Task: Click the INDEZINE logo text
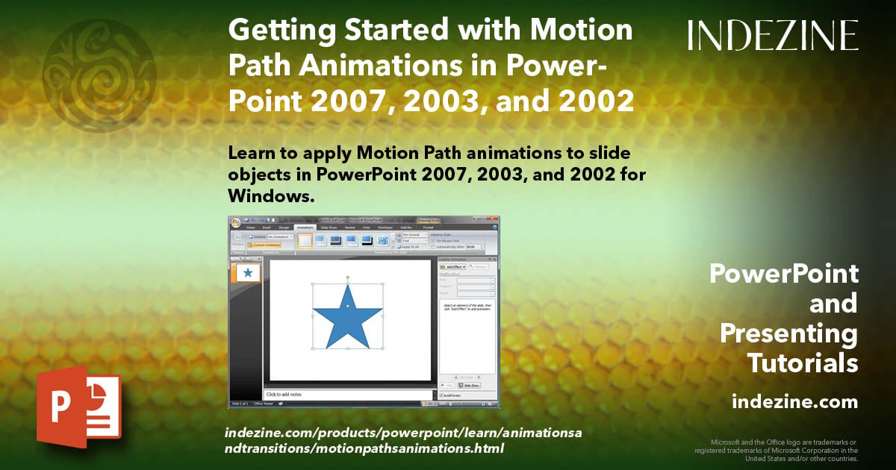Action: click(x=773, y=36)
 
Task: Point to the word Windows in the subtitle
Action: click(x=267, y=195)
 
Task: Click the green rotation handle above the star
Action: click(x=347, y=278)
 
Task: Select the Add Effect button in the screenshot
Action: click(x=452, y=266)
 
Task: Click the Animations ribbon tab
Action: click(x=305, y=227)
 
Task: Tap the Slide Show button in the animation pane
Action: click(x=470, y=386)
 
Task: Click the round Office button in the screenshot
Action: click(x=236, y=222)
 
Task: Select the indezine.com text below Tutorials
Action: click(x=794, y=403)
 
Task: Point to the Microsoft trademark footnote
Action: click(x=777, y=450)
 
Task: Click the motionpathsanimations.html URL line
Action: click(x=364, y=448)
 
